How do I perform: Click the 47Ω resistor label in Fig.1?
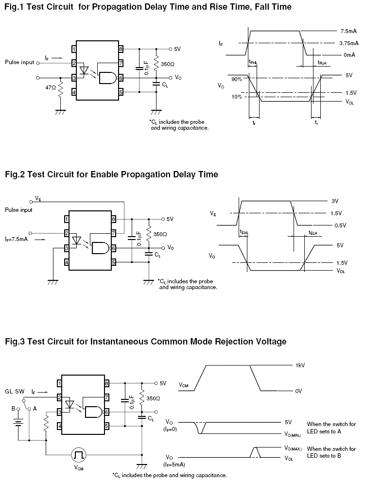coord(51,87)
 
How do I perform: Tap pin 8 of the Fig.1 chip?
coord(121,49)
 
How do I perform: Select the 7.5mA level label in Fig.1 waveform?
coord(348,31)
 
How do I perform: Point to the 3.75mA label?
coord(348,43)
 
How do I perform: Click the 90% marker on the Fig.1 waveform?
coord(237,79)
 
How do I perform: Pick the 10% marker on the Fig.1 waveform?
coord(237,97)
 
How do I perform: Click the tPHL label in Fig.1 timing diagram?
coord(253,62)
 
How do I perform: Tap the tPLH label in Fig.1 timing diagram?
coord(322,63)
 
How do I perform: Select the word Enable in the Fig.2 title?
coord(104,174)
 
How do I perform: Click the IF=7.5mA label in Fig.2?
coord(17,239)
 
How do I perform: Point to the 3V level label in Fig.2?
coord(335,201)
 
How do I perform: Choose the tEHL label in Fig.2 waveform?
coord(244,233)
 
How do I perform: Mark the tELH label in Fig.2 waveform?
coord(313,233)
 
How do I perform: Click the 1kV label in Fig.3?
coord(300,365)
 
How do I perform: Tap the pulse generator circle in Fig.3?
coord(78,454)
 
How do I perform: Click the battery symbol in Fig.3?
coord(18,423)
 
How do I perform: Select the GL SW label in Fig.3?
coord(15,391)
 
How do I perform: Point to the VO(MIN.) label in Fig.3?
coord(292,434)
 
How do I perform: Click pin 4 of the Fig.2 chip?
coord(67,262)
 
